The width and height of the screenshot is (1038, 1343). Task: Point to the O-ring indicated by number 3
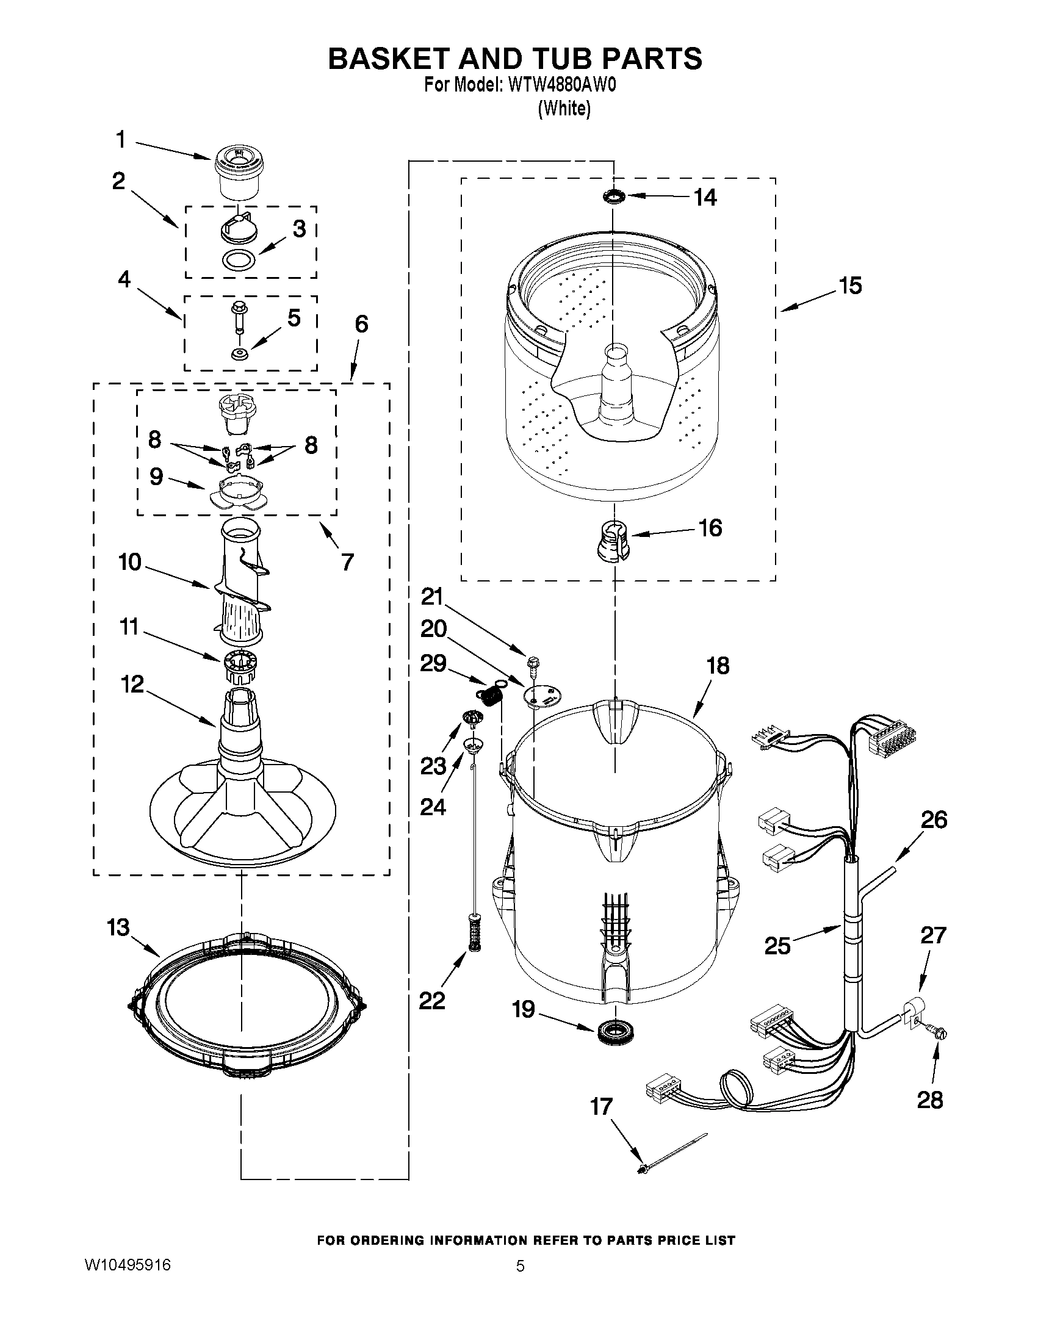[x=239, y=261]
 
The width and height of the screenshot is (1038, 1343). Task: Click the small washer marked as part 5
[x=239, y=354]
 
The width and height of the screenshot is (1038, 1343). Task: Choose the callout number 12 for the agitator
[x=133, y=684]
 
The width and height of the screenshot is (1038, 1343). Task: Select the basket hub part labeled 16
[x=613, y=539]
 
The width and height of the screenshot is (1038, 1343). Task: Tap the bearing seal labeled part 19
[x=614, y=1029]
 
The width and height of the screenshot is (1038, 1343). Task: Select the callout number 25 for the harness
[x=777, y=945]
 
